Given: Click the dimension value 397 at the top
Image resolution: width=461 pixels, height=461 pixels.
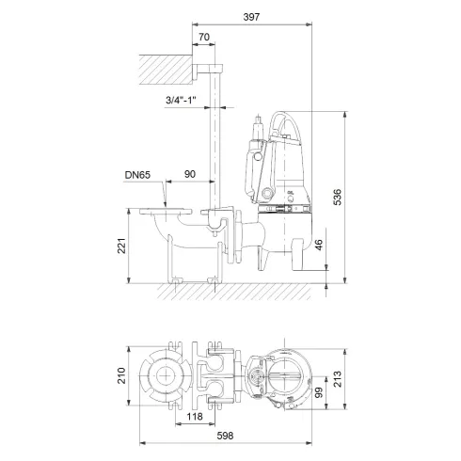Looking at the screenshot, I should click(249, 17).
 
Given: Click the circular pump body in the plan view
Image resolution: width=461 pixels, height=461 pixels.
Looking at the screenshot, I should click(281, 376).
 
